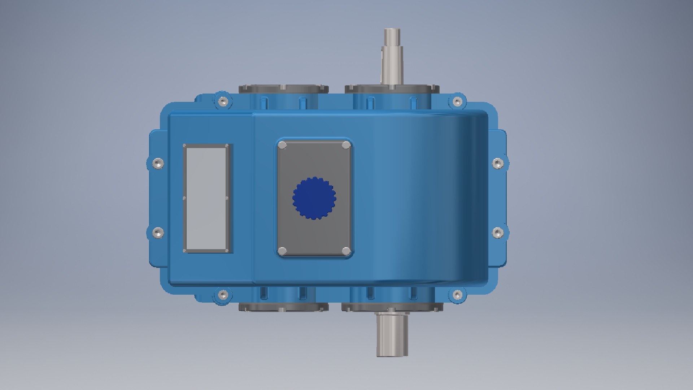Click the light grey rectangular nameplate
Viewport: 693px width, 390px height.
click(207, 198)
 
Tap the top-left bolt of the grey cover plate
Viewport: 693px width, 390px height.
click(283, 145)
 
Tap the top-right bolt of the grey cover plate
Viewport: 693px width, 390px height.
click(346, 145)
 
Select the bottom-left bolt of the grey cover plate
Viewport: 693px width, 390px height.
click(283, 251)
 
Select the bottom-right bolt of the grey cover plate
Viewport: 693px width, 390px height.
click(346, 251)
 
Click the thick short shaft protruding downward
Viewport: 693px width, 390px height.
click(392, 334)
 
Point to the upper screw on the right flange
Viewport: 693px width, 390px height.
click(498, 163)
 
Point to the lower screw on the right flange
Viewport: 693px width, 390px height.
click(498, 233)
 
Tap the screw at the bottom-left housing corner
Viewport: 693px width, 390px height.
click(223, 295)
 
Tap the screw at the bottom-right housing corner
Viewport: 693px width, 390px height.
click(457, 295)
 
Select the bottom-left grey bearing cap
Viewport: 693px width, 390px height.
click(283, 307)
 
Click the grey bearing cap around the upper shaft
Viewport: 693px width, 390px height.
click(415, 89)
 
